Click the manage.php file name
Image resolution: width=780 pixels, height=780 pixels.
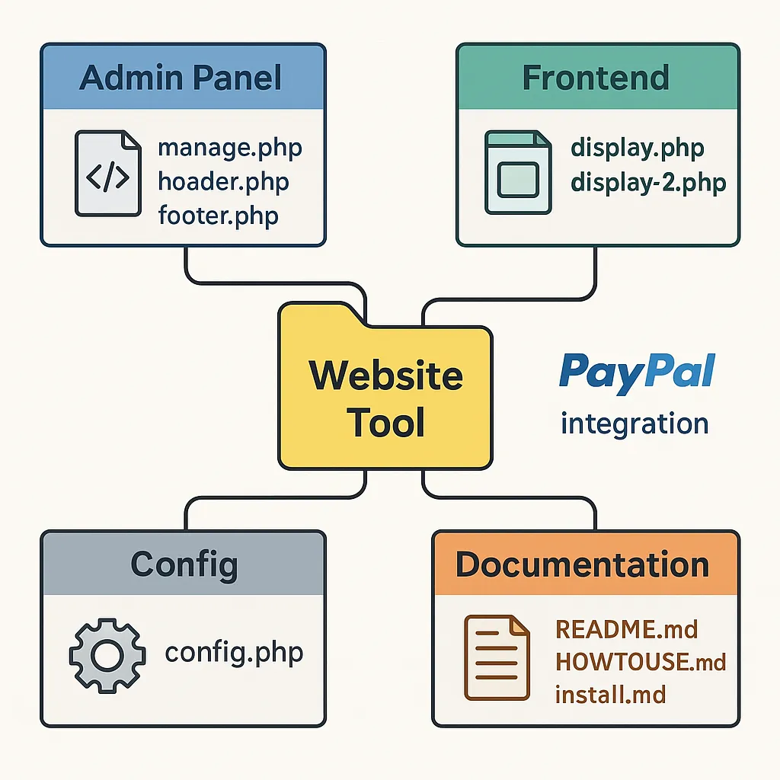coord(229,147)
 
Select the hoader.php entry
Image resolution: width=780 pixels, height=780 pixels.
coord(223,181)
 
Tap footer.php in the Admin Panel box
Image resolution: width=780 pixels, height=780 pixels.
coord(218,216)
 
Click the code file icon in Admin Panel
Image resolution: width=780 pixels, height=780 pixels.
coord(107,173)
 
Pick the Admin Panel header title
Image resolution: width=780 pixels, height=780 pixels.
coord(181,78)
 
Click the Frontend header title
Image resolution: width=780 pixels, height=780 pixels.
coord(596,78)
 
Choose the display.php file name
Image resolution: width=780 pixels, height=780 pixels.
coord(638,147)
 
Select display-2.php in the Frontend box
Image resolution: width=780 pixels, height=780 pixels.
coord(648,182)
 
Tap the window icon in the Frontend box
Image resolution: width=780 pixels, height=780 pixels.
coord(518,173)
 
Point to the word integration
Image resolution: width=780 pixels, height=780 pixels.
coord(634,423)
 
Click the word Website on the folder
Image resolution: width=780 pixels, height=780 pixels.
coord(386,376)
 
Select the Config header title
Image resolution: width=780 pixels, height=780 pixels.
coord(184,564)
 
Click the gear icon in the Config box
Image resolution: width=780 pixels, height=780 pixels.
coord(106,654)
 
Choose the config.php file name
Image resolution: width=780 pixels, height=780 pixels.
coord(234,653)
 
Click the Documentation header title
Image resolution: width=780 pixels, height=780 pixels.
coord(583,564)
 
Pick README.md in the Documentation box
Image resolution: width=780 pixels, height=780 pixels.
coord(627,629)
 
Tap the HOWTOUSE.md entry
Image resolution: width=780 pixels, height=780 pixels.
coord(641,661)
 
